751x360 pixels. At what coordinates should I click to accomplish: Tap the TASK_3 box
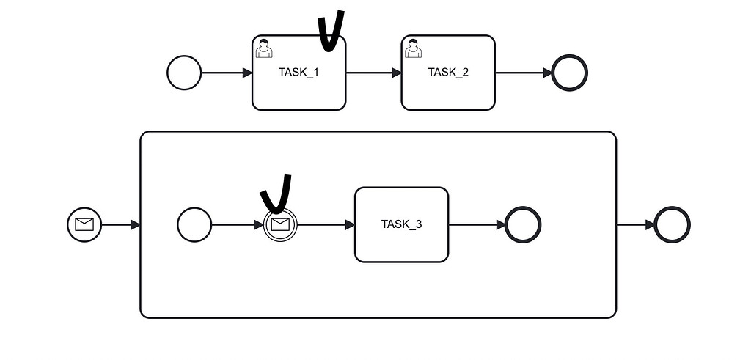pos(401,225)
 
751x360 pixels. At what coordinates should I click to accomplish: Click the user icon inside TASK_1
pos(264,48)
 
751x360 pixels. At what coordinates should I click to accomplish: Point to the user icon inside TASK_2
pos(413,48)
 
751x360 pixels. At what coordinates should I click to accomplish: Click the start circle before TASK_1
pos(184,73)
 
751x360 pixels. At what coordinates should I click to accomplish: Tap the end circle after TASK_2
pos(570,73)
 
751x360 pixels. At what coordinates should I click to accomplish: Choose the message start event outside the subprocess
pos(84,224)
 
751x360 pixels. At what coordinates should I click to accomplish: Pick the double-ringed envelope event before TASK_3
pos(280,224)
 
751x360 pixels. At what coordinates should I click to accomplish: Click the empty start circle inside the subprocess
pos(194,224)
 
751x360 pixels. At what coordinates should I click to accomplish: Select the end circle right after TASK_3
pos(523,224)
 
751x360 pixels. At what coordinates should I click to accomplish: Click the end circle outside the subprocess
pos(672,224)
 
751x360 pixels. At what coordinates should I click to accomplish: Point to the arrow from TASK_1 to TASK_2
pos(373,73)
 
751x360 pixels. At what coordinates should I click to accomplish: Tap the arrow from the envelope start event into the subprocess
pos(120,224)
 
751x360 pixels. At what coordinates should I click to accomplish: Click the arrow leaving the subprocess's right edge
pos(635,224)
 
